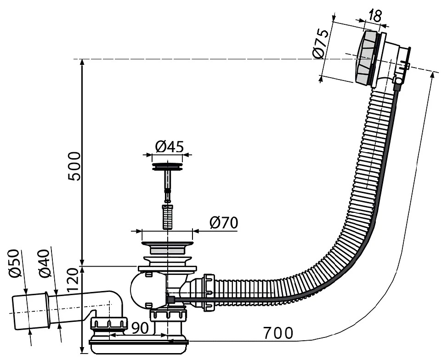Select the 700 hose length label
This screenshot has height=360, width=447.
tap(278, 333)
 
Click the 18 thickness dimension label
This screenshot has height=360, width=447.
tap(375, 16)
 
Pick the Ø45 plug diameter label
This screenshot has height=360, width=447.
tap(170, 147)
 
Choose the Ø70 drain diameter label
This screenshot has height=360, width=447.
tap(223, 223)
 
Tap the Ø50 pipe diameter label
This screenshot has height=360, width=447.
tap(15, 263)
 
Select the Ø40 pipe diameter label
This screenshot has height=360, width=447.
tap(45, 263)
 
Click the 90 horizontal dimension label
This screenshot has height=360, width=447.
tap(140, 328)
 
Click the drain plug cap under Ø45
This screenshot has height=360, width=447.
tap(167, 167)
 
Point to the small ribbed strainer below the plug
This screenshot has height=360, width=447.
tap(167, 217)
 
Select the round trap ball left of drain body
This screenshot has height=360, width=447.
tap(140, 290)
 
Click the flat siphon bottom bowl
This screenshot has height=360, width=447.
tap(139, 347)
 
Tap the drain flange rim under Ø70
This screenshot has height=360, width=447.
tap(167, 244)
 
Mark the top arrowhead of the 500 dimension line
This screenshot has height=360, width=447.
tap(82, 62)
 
